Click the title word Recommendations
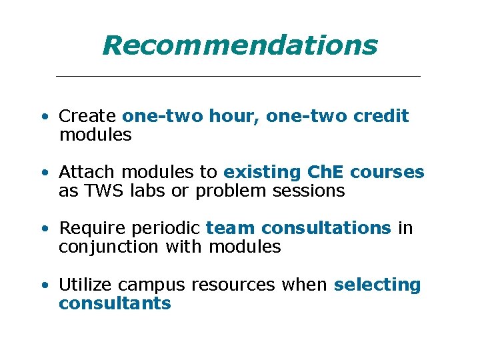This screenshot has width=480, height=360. pos(240,46)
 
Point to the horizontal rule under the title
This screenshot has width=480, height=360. pos(238,77)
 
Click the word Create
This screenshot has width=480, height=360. pos(87,116)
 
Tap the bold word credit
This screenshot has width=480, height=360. pos(381,116)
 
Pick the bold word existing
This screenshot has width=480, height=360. pos(263,172)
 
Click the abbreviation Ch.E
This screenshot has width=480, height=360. pos(326,172)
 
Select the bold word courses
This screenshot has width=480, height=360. pos(387,172)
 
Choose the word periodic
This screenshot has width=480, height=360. pos(164,229)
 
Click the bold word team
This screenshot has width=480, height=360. pos(231,229)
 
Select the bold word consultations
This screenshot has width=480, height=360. pos(326,229)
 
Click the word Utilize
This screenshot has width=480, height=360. pos(86,285)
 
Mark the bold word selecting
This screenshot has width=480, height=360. pos(377,285)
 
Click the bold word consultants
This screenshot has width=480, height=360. pos(115,304)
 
